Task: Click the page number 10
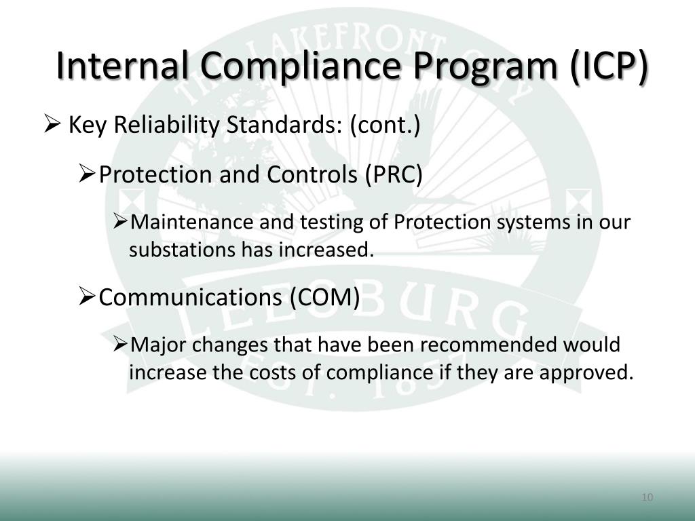646,498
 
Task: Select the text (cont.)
386,126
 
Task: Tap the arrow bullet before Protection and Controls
86,175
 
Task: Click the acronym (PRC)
394,175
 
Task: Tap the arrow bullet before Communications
86,297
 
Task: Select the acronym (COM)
324,297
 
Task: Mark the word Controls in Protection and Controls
312,175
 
